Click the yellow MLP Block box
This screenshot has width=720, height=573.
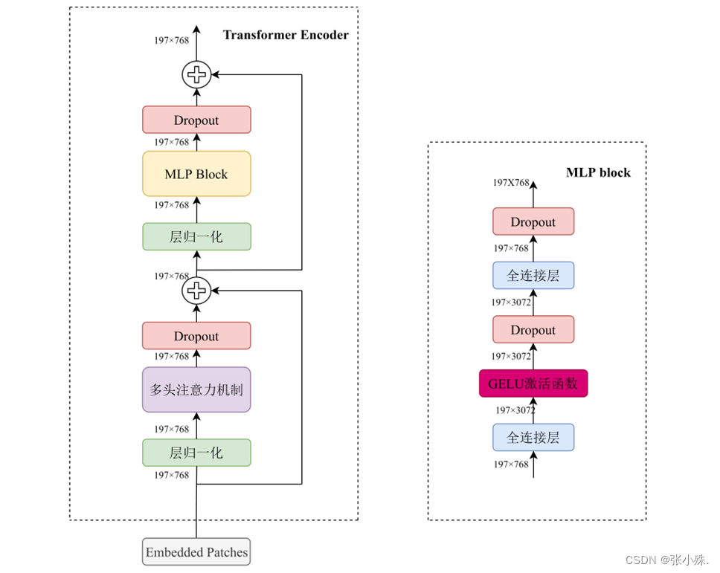196,174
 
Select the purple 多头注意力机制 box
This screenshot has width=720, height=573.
196,389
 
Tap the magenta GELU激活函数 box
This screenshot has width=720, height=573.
533,383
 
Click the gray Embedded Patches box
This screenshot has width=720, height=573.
196,552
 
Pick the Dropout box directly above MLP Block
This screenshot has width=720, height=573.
196,120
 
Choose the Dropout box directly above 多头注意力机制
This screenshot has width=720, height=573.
196,336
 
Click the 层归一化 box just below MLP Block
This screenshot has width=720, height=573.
196,236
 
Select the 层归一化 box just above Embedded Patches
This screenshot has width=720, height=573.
196,453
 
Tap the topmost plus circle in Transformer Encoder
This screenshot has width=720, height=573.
196,74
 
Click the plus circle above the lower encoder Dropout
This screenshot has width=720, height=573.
196,291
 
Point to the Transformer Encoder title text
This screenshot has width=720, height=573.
286,35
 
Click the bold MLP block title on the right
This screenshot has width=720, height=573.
598,172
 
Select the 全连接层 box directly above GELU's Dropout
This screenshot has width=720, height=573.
533,276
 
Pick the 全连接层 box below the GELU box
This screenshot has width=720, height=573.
533,438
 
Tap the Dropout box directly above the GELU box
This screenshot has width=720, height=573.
533,329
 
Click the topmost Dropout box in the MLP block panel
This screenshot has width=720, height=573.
533,221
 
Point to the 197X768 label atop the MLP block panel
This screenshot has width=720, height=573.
511,182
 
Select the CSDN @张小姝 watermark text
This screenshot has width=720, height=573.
667,560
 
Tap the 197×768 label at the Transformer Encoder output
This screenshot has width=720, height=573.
172,40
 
